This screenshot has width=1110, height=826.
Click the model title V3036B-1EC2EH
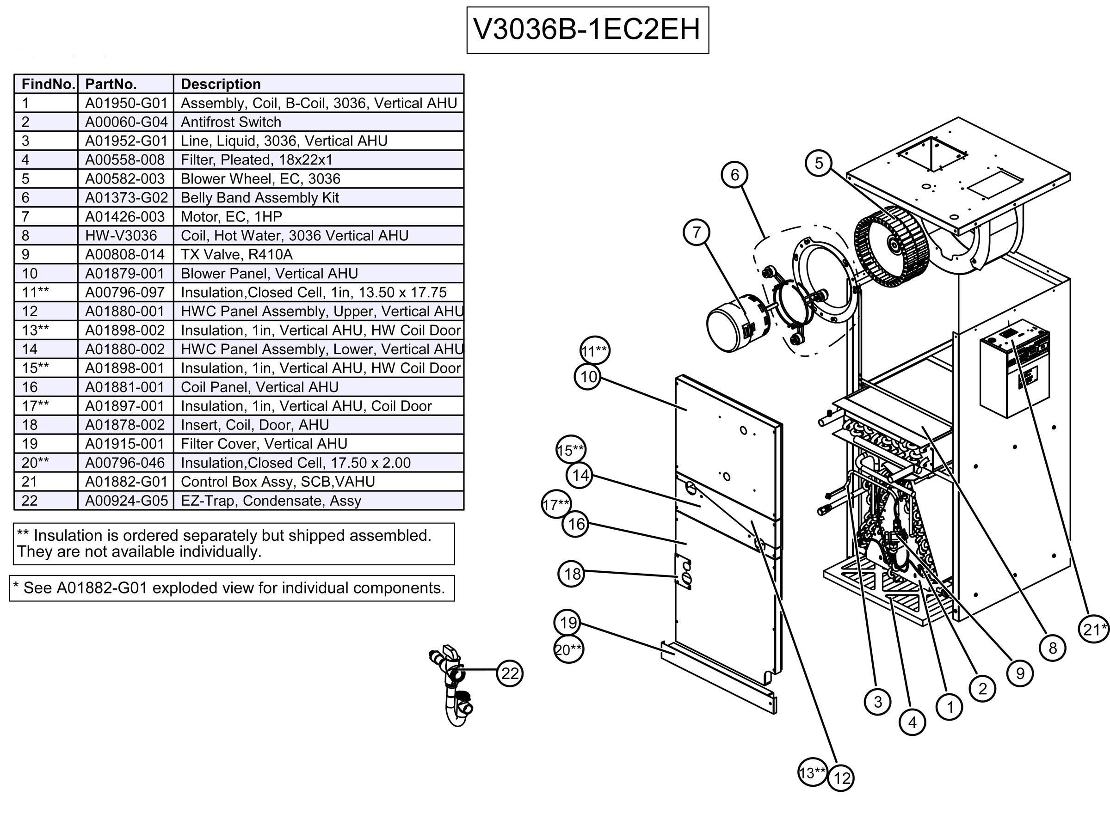point(587,30)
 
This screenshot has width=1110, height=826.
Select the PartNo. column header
point(111,84)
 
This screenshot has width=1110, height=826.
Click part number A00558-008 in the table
point(124,160)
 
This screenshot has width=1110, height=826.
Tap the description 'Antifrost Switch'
point(231,122)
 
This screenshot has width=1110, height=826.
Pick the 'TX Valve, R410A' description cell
point(236,255)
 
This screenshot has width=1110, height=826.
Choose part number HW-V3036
point(121,235)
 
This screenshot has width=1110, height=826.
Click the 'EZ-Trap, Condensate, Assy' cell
point(271,501)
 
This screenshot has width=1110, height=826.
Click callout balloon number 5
point(818,163)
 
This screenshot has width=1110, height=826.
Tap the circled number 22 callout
point(510,673)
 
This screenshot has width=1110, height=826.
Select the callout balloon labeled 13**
point(811,773)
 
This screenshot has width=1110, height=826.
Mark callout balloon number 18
point(572,574)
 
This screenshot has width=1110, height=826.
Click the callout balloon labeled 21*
point(1094,629)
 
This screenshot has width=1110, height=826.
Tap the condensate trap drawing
point(452,685)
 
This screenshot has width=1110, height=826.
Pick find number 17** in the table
point(35,406)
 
